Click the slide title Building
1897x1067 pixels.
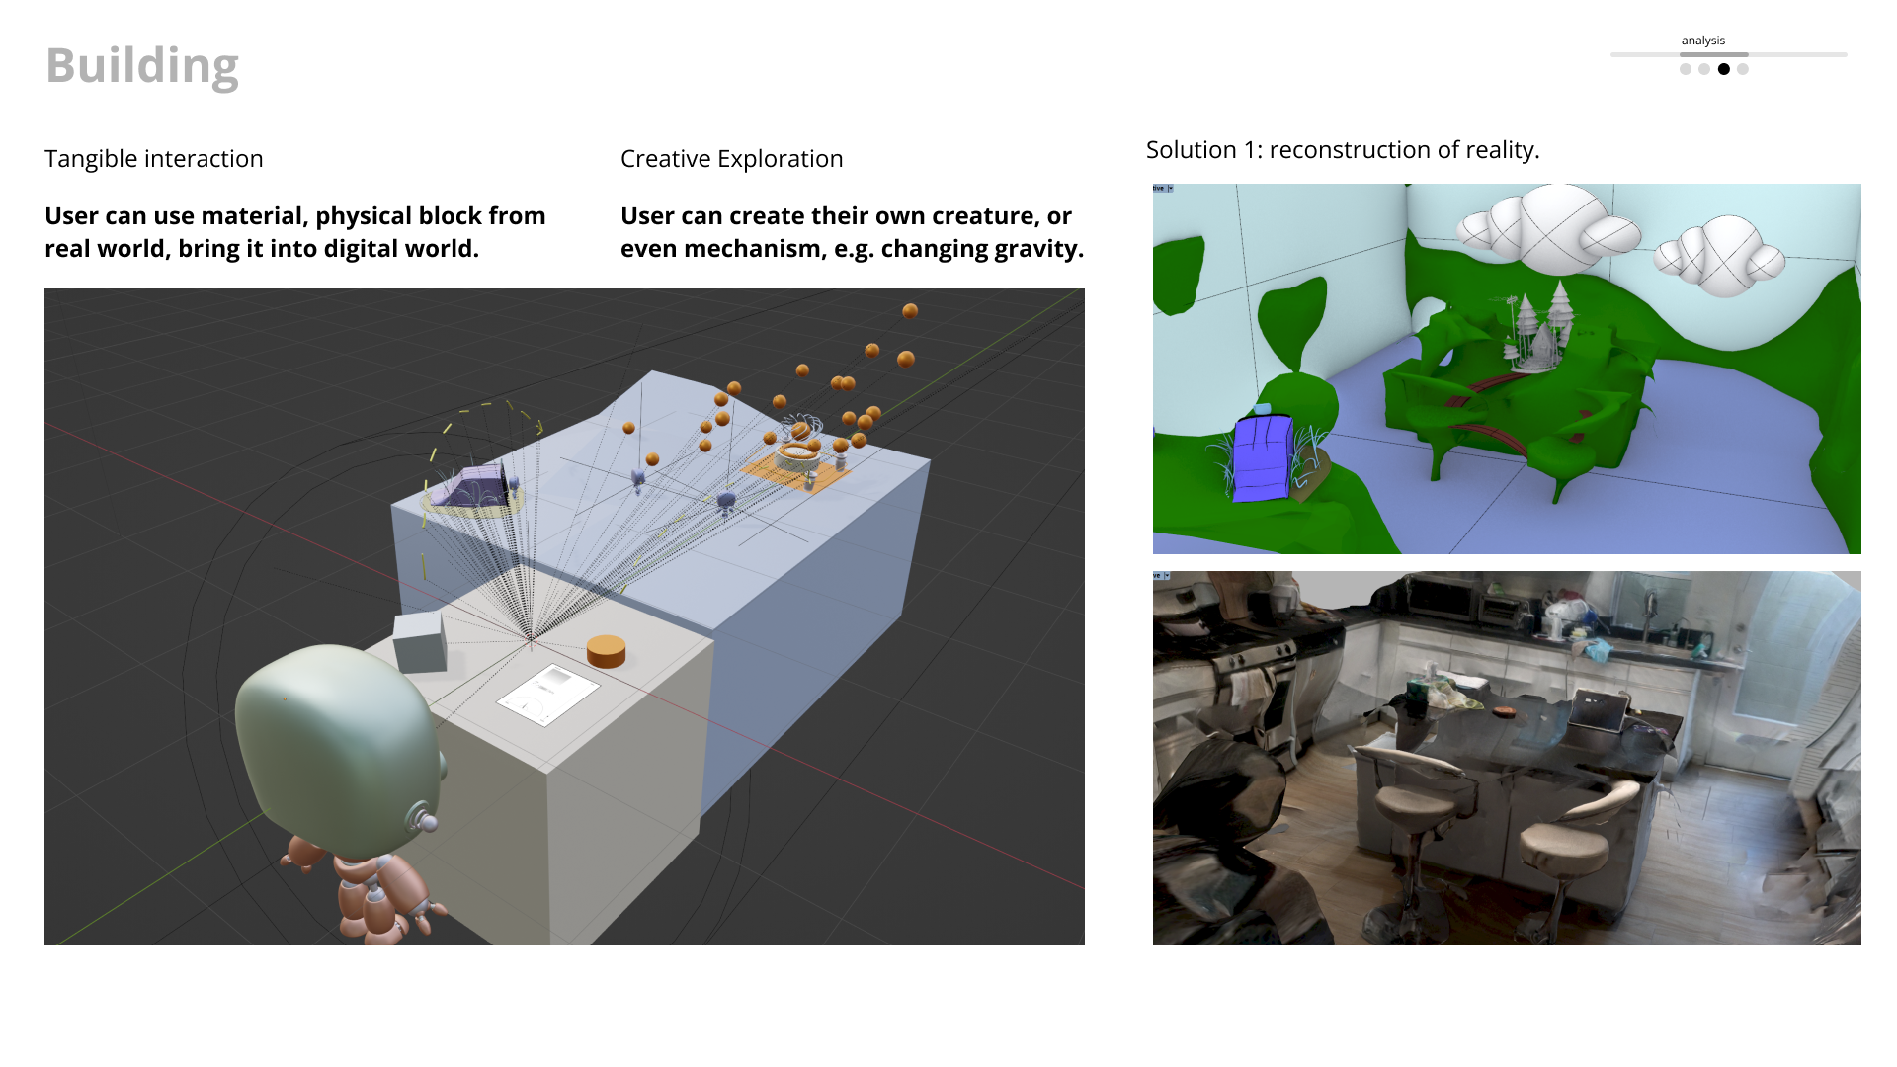coord(142,66)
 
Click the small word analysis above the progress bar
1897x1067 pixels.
coord(1702,41)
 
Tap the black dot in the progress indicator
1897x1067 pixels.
coord(1724,69)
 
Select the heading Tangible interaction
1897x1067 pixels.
coord(154,159)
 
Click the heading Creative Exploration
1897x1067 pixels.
coord(731,159)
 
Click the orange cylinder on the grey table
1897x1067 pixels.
coord(606,650)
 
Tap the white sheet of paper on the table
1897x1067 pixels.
coord(547,694)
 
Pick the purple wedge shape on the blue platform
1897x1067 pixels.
coord(473,486)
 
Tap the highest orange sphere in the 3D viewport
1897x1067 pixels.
coord(910,311)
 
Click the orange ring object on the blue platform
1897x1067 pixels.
coord(796,456)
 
